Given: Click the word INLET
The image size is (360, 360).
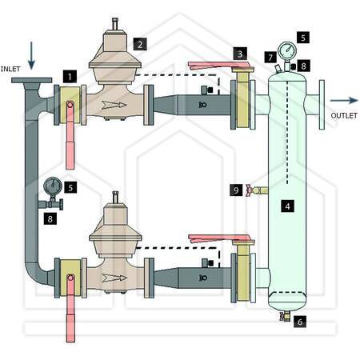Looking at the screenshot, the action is pos(10,69).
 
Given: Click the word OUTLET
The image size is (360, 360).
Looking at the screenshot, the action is pos(344,115).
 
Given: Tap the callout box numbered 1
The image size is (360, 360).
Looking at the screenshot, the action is pos(70,77).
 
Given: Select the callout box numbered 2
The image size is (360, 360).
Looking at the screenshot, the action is pos(140,44).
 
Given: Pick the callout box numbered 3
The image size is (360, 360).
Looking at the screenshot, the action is pos(240,54).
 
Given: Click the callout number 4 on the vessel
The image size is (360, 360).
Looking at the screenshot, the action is pos(287,206).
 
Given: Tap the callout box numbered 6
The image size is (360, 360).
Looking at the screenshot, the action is pos(300,322).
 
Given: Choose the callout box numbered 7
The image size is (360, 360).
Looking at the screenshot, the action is pos(270,57).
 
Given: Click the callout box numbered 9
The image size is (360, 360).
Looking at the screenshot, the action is pos(236,190).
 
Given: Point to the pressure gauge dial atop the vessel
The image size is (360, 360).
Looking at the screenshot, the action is pos(287,50).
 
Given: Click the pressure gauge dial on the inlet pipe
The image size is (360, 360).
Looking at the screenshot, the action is pos(53,186).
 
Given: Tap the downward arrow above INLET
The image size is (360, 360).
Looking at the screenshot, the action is pos(31,55).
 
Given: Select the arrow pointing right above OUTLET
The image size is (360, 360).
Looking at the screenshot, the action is pos(344,100).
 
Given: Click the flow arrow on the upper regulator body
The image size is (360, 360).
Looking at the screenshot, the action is pos(114,105).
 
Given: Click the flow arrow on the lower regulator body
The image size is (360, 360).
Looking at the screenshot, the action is pos(114,278).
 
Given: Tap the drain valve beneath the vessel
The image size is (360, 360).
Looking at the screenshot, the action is pos(285,316).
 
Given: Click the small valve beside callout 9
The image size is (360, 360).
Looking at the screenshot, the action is pos(257,190).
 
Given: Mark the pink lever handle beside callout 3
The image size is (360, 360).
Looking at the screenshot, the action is pos(219,66).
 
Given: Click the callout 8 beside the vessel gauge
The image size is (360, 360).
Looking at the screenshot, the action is pos(303,66).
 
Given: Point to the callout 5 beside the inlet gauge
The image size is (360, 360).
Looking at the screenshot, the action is pos(70,187).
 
